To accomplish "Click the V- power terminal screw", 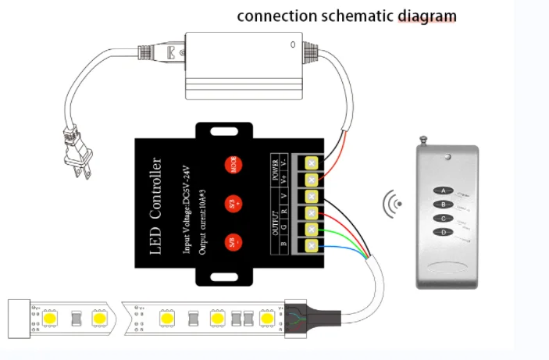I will point(312,162).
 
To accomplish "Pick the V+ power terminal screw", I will point(312,180).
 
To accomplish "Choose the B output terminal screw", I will point(312,247).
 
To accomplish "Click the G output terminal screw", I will point(312,230).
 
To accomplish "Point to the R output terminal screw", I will point(312,213).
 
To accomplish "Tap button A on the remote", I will point(444,190).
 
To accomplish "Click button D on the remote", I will point(444,233).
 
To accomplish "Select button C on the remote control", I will point(444,219).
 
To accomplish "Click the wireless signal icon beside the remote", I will point(393,205).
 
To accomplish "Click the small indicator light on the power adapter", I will point(292,44).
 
